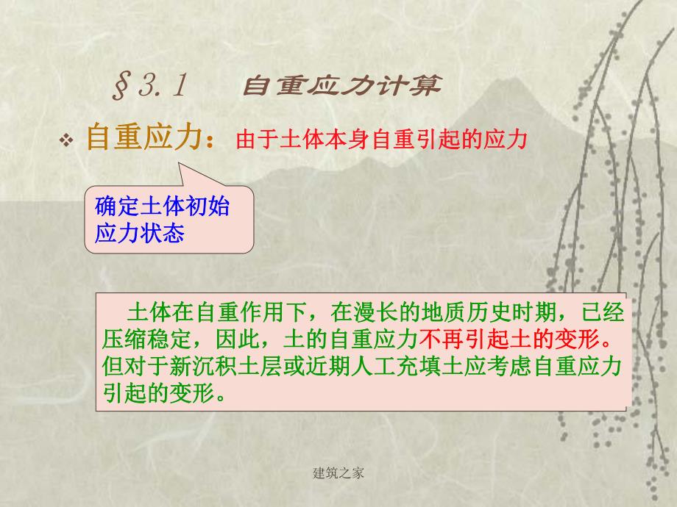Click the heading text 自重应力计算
coord(342,87)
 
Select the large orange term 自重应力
coord(143,137)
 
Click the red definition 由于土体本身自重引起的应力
coord(382,140)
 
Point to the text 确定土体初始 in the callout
coord(163,206)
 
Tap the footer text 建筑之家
coord(338,473)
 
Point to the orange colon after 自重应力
coord(213,142)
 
